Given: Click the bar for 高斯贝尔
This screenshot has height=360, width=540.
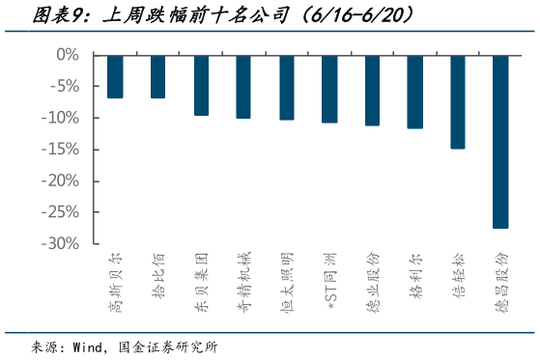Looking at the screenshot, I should pyautogui.click(x=115, y=76).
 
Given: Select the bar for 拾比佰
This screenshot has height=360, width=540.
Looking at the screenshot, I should pyautogui.click(x=157, y=76).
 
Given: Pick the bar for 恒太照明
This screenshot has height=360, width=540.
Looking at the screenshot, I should pyautogui.click(x=287, y=87).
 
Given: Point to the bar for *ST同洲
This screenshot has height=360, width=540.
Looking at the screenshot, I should pyautogui.click(x=329, y=89).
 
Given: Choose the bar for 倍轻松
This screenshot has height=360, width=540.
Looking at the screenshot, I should pyautogui.click(x=458, y=101).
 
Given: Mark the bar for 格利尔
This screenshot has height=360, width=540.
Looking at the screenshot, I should pyautogui.click(x=415, y=92).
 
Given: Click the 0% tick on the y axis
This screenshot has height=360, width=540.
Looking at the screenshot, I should pyautogui.click(x=68, y=55).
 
